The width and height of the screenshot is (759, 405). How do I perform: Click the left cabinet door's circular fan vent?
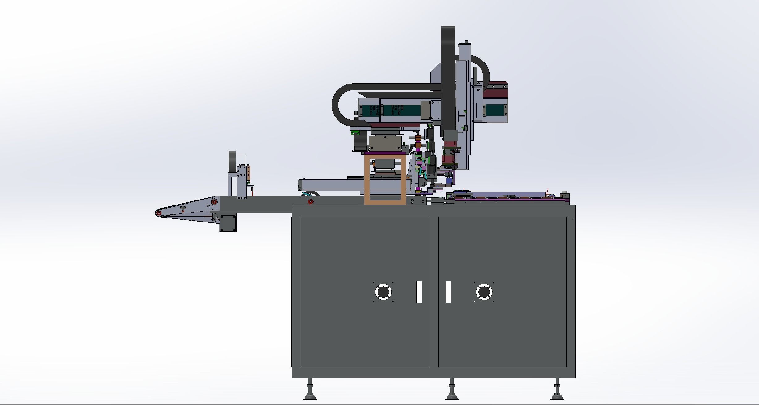(x=383, y=292)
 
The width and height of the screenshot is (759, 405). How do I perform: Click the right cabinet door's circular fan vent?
(x=484, y=292)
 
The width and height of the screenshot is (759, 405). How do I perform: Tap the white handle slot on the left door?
(x=419, y=292)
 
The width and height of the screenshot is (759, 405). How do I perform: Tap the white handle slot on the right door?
(x=448, y=292)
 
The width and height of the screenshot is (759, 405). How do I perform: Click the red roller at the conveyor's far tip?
(x=159, y=213)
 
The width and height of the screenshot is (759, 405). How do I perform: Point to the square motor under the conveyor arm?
(x=228, y=222)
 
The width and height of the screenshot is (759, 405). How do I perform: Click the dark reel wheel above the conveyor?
(x=232, y=162)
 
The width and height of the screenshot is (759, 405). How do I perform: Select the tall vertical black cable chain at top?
(x=448, y=77)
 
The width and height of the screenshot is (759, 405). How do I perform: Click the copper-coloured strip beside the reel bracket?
(x=248, y=174)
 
